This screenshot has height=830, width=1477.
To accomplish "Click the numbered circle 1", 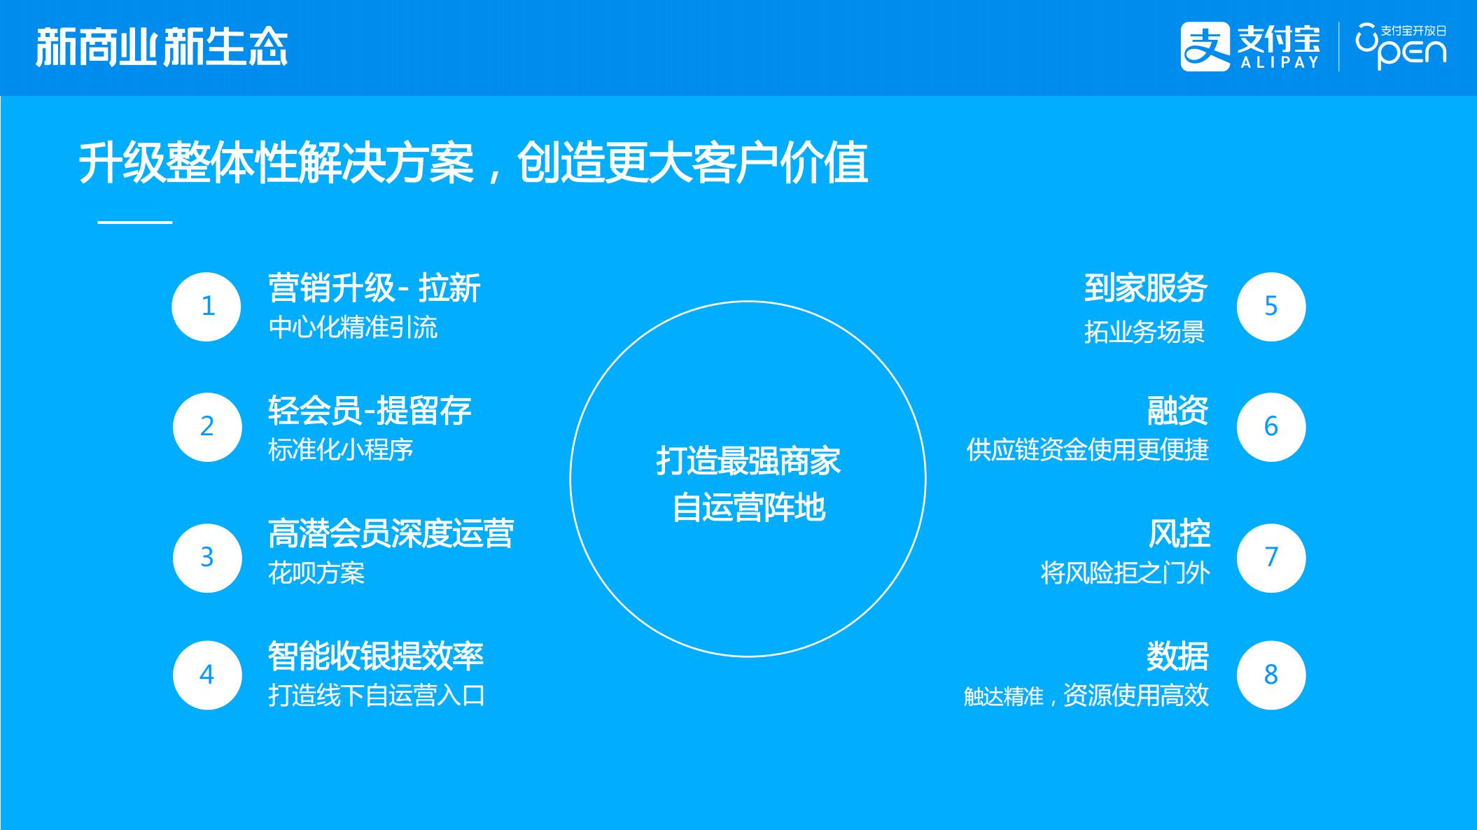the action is [x=206, y=307].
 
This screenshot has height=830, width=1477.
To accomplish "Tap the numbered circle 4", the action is [x=207, y=675].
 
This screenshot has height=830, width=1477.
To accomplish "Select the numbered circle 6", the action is [x=1271, y=427].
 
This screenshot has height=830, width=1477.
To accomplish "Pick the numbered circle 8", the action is [x=1271, y=675].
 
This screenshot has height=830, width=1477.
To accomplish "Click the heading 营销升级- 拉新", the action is [x=374, y=288].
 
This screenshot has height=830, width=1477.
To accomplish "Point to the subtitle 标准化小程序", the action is [x=341, y=449].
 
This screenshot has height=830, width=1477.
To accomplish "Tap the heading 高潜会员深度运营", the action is [x=391, y=533].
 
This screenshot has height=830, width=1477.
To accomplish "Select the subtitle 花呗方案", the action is [x=316, y=573].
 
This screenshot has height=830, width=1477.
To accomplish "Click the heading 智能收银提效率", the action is [x=376, y=656].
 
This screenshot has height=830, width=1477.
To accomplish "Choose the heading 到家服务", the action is [x=1146, y=288].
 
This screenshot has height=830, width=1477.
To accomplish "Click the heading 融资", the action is [x=1177, y=411].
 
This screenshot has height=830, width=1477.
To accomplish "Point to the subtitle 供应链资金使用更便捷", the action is [x=1088, y=449].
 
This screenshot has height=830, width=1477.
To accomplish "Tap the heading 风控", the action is [x=1179, y=533].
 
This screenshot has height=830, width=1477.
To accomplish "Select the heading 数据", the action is [x=1177, y=656].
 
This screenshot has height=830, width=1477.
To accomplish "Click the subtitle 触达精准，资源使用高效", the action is [x=1086, y=696].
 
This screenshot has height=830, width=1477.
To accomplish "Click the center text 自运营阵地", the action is [x=748, y=507].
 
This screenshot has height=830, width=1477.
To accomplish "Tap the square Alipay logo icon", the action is [x=1205, y=47].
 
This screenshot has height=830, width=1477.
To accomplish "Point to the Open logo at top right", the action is [x=1401, y=46].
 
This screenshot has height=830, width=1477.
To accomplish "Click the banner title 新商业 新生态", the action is [x=162, y=48].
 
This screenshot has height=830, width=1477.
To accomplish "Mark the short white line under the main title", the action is [x=135, y=223].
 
